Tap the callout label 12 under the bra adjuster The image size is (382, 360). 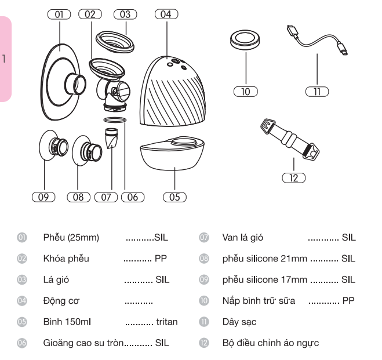coord(294,179)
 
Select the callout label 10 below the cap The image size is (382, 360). coord(246,92)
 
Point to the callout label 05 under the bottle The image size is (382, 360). coord(174,197)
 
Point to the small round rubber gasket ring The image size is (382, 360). coord(114,120)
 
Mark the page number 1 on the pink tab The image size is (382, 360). coord(5,58)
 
